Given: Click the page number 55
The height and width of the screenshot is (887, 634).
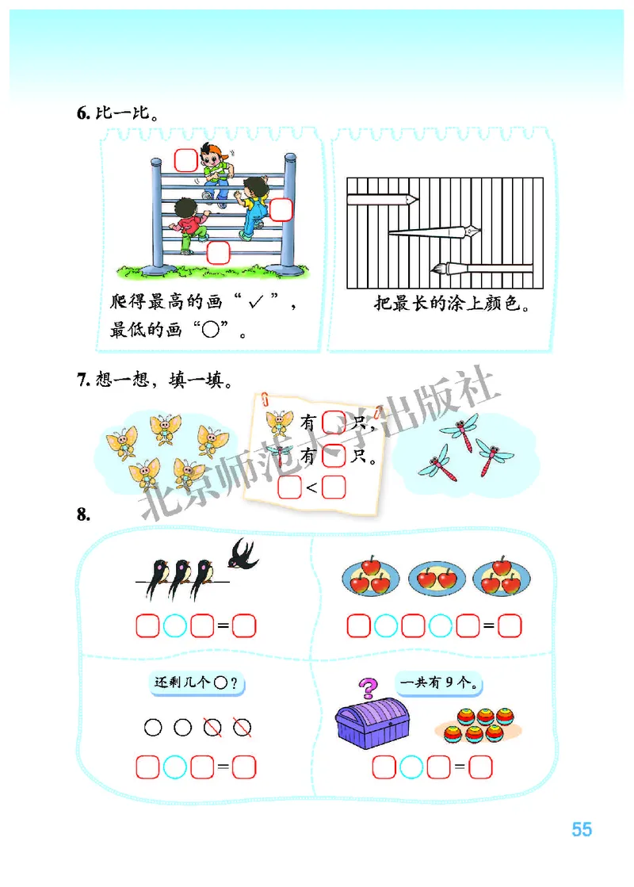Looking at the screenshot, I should click(x=582, y=829).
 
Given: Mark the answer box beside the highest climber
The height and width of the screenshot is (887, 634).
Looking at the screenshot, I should click(x=185, y=159).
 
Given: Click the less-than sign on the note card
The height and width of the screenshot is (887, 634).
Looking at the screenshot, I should click(x=311, y=487).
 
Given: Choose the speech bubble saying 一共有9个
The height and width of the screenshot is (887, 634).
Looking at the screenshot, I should click(x=441, y=682).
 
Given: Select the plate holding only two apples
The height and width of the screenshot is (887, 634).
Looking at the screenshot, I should click(x=436, y=579).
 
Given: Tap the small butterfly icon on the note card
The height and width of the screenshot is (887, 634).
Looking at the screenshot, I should click(x=280, y=422).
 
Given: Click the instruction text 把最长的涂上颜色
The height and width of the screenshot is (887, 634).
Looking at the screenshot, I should click(x=451, y=303).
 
